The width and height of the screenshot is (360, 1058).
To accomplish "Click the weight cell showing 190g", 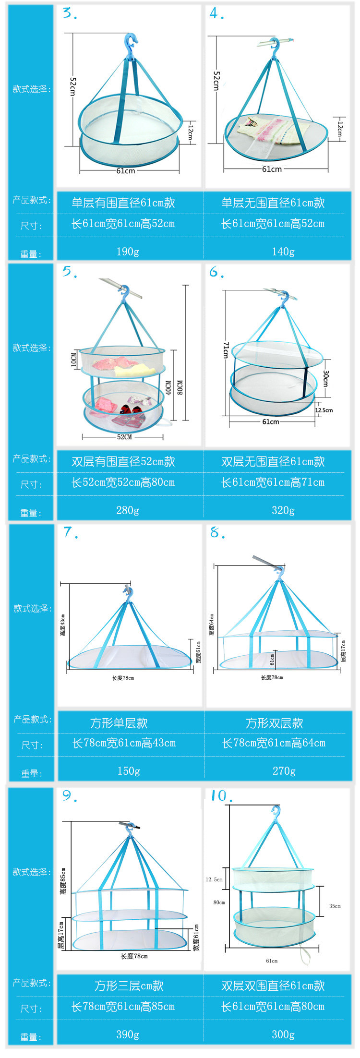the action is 128,252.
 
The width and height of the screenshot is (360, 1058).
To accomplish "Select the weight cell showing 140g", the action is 283,252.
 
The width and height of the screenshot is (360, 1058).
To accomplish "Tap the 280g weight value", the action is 128,510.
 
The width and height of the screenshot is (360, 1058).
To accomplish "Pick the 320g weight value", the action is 283,510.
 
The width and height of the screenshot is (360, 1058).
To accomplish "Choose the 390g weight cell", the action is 128,1034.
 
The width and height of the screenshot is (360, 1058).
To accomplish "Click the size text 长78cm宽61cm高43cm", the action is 124,743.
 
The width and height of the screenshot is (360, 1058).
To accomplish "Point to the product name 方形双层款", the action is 275,723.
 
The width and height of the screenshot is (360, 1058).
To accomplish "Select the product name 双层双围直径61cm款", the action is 273,986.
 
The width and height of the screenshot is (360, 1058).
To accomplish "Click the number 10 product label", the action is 219,796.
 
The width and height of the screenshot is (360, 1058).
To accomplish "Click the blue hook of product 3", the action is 130,43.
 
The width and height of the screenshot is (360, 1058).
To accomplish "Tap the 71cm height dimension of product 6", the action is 226,350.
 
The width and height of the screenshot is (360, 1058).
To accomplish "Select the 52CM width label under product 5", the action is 124,437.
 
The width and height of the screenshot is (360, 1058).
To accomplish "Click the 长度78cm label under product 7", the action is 123,678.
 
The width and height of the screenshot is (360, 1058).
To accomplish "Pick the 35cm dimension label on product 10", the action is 335,906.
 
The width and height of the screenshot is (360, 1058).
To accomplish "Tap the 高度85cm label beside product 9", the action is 64,881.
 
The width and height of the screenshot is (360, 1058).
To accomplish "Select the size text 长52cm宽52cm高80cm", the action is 123,482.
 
